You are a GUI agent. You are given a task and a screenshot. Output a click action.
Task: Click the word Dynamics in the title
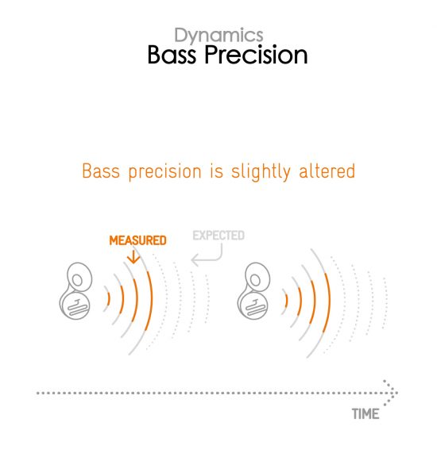(218, 36)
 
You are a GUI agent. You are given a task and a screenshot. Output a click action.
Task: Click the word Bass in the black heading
(172, 55)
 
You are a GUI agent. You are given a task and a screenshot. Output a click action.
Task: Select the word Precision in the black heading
(256, 55)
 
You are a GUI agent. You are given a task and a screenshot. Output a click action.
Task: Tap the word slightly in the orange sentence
(261, 171)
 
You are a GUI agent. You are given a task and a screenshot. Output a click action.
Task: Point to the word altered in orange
(327, 171)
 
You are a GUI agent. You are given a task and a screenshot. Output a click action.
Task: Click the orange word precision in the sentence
(164, 172)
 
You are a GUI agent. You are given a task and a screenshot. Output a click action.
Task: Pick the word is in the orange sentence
(217, 171)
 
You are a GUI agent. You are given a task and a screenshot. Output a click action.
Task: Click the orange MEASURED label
(137, 240)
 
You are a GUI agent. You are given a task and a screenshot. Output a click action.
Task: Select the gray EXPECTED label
(218, 236)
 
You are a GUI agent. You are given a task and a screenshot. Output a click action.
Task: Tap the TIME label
(365, 414)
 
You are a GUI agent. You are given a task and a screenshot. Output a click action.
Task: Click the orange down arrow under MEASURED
(133, 257)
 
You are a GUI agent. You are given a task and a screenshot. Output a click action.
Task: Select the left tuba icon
(75, 291)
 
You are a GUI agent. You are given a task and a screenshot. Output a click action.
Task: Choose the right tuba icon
(253, 291)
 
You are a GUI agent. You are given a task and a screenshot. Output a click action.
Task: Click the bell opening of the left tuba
(77, 280)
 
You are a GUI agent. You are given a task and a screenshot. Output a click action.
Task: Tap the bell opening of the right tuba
(255, 280)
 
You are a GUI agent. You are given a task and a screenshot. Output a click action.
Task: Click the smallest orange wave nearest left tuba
(109, 299)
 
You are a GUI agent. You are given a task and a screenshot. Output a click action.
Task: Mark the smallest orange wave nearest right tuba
(287, 300)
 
